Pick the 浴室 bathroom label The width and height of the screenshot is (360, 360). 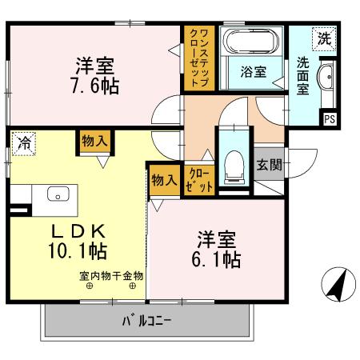point(253,72)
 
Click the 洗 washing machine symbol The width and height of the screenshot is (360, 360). point(325,37)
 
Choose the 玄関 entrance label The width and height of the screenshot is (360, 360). point(268,166)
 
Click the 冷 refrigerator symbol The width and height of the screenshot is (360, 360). point(23,144)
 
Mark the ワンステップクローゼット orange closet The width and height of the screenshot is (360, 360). point(194,57)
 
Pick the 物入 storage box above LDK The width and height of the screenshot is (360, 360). point(95,142)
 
